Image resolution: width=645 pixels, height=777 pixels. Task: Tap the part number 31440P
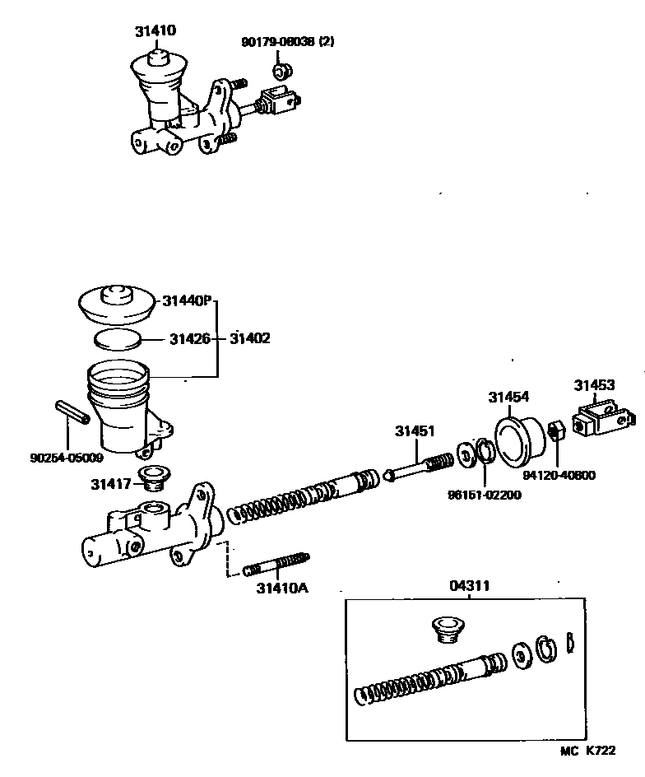187,302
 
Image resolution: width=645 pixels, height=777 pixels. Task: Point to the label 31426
191,338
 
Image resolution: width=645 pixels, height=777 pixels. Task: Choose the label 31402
250,338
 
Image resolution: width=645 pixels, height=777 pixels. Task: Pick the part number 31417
111,485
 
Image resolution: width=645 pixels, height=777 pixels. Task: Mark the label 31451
415,431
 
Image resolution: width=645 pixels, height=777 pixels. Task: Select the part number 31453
594,384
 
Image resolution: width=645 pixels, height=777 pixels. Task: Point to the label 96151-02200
485,495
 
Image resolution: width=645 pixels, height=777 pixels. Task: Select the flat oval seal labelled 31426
117,338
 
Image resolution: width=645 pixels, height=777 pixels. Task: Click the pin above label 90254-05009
72,412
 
